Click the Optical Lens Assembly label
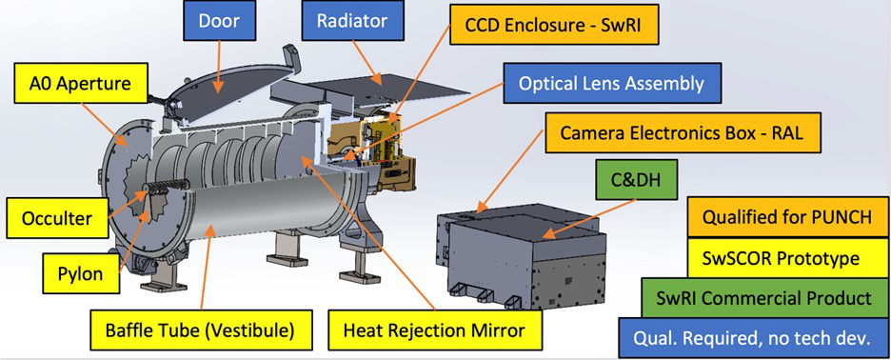611,83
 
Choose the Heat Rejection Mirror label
434,330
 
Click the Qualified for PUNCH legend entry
786,217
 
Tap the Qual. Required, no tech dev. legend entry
753,337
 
